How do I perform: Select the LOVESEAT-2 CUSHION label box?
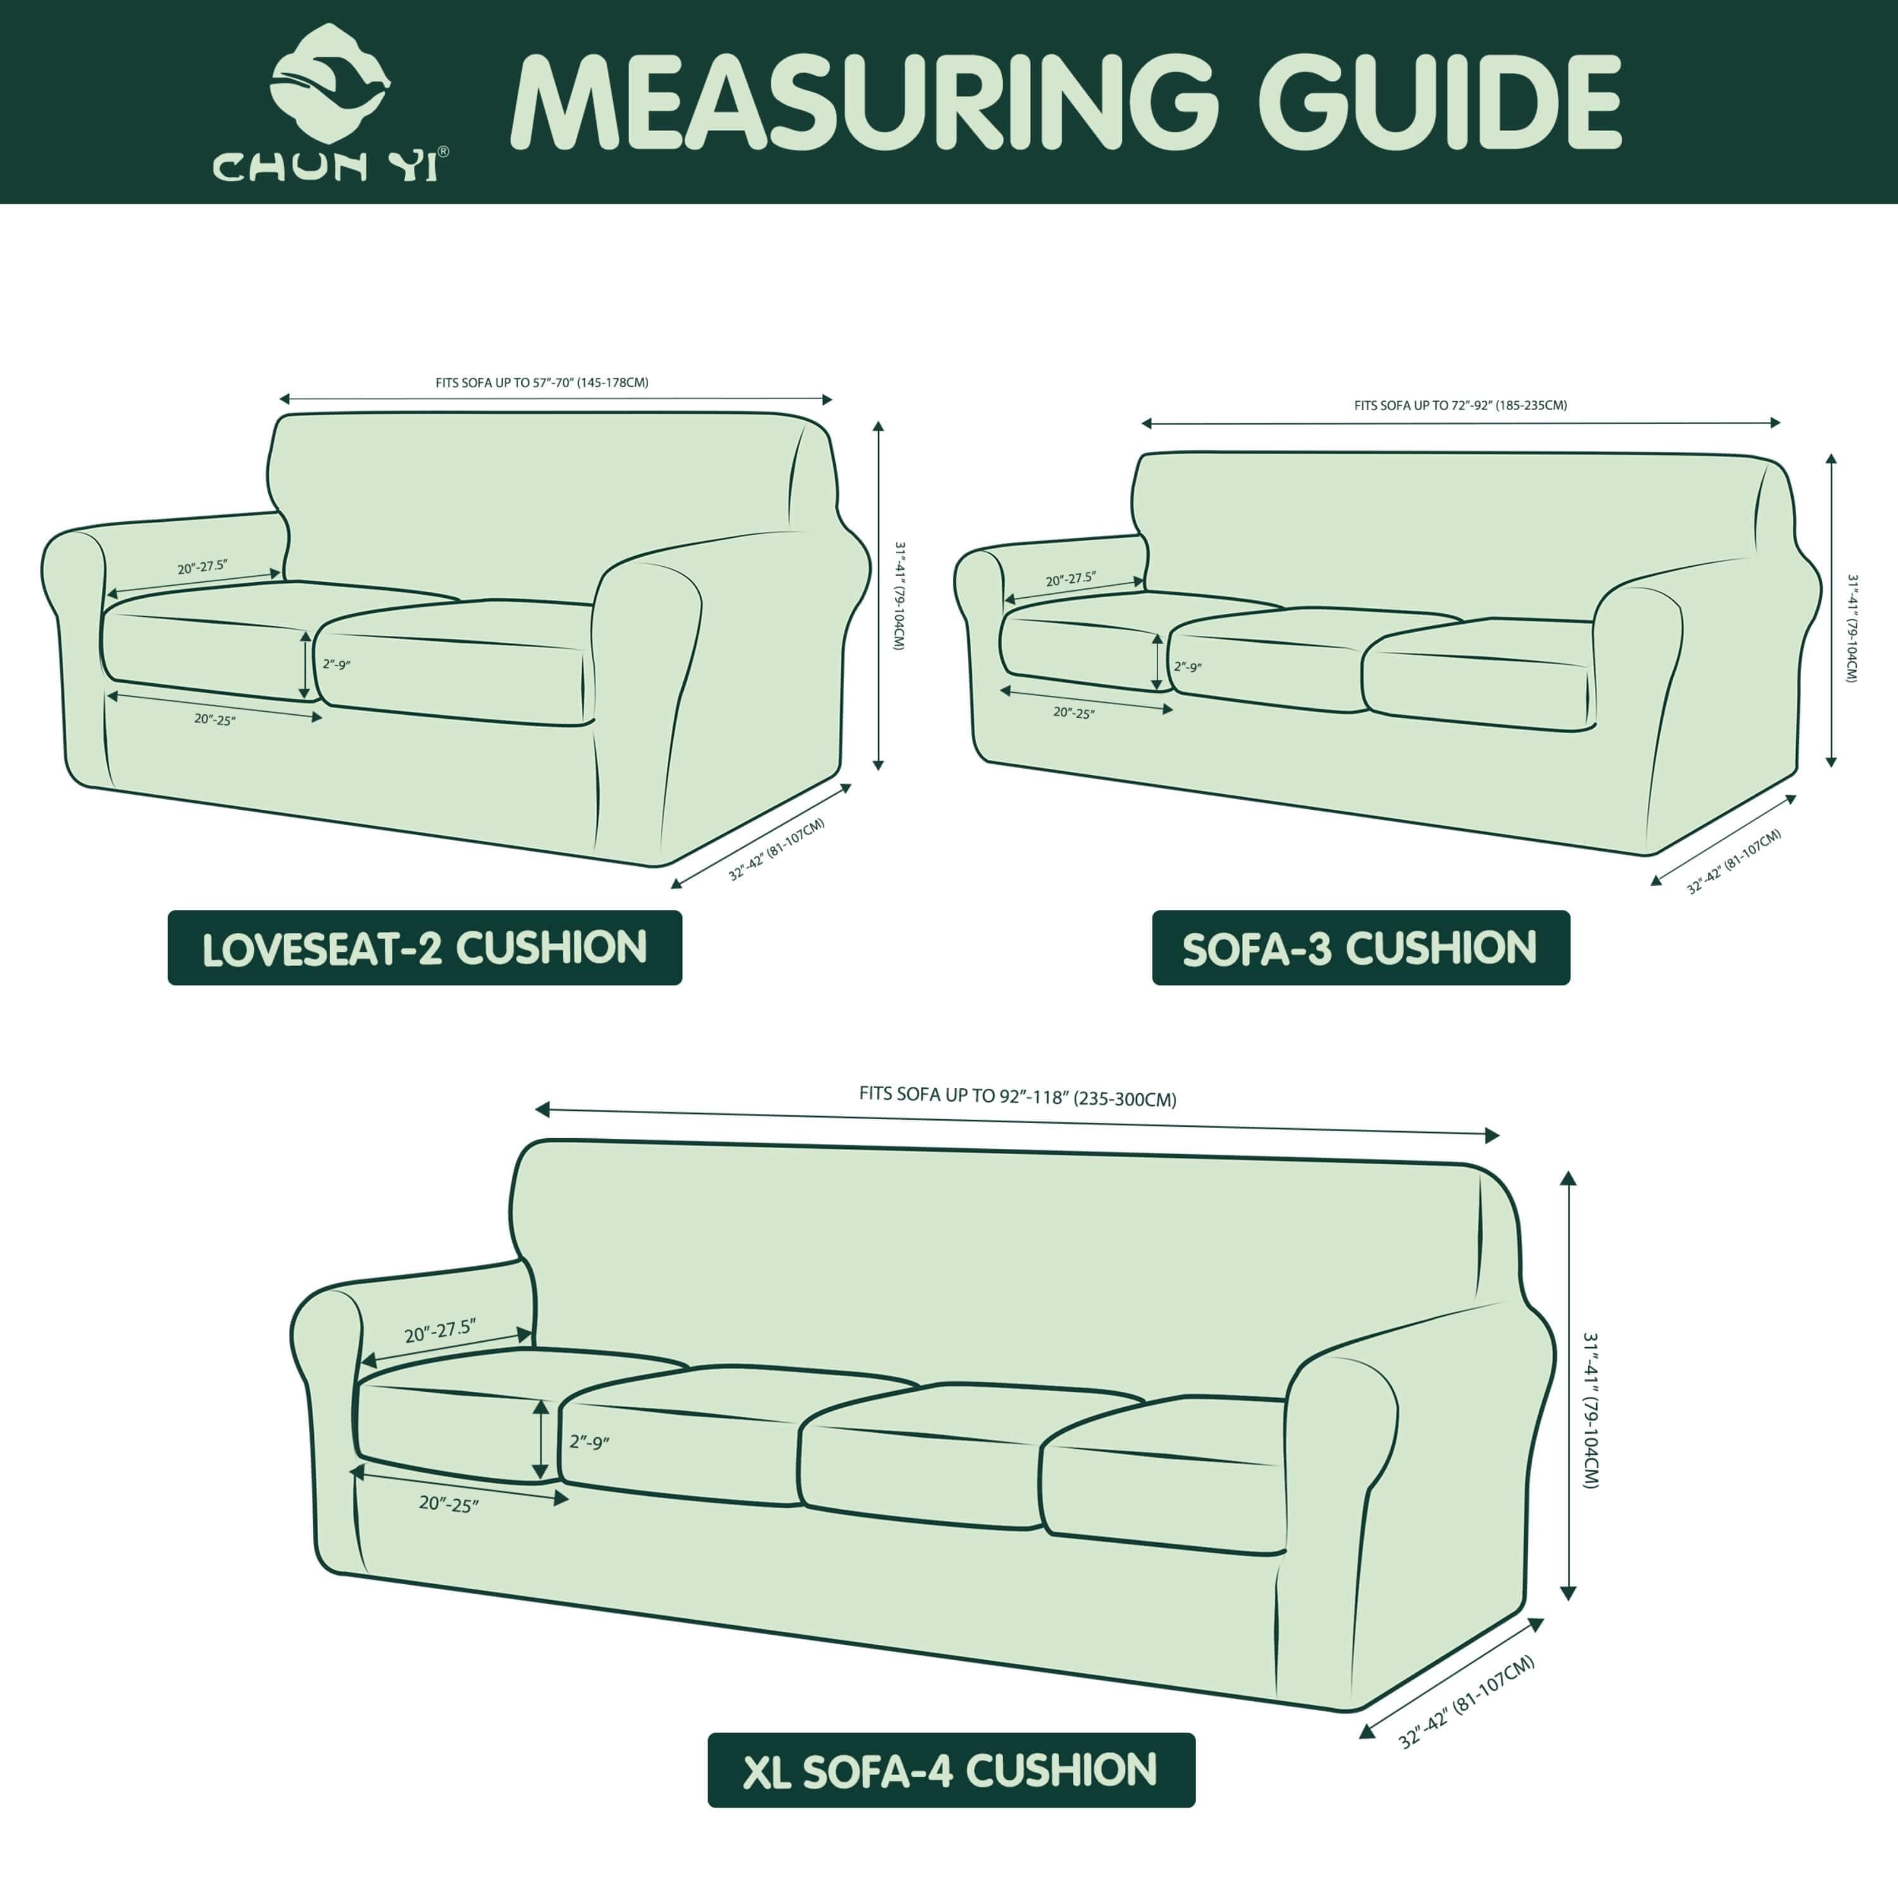[x=425, y=948]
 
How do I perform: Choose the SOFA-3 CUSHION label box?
[x=1361, y=948]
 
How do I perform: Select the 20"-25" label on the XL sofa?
[x=449, y=1504]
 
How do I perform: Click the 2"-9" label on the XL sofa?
[x=590, y=1442]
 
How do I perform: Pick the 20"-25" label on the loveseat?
[x=214, y=719]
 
